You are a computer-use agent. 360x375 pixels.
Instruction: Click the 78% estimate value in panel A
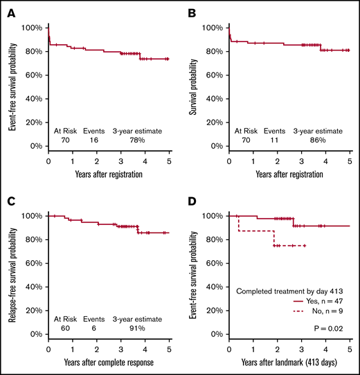[138, 141]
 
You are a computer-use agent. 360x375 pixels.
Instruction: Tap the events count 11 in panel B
[275, 141]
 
